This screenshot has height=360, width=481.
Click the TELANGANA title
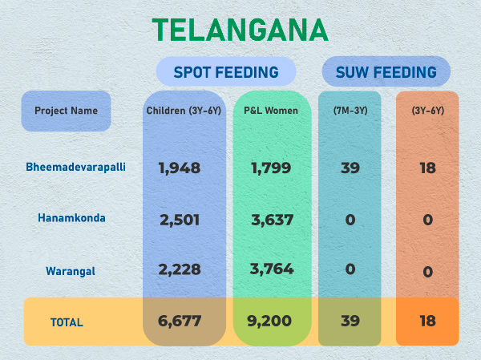tap(240, 30)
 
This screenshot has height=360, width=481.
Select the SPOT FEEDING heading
tap(220, 72)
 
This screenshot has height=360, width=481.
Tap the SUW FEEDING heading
tap(386, 72)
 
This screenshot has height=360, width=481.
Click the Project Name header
tap(66, 111)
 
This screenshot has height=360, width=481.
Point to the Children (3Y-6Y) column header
tap(184, 111)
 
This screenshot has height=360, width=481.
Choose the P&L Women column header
tap(271, 111)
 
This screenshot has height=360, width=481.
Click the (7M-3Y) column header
tap(350, 111)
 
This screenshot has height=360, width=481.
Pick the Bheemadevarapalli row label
tap(75, 167)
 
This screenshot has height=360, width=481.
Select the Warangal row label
tap(71, 271)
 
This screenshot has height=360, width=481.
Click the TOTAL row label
tap(67, 322)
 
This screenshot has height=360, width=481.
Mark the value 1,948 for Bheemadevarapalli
tap(180, 168)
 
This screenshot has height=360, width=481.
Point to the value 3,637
tap(272, 219)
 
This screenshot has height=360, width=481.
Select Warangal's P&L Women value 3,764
tap(272, 269)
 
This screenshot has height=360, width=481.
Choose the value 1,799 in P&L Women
tap(272, 168)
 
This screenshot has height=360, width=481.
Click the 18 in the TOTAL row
tap(427, 322)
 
